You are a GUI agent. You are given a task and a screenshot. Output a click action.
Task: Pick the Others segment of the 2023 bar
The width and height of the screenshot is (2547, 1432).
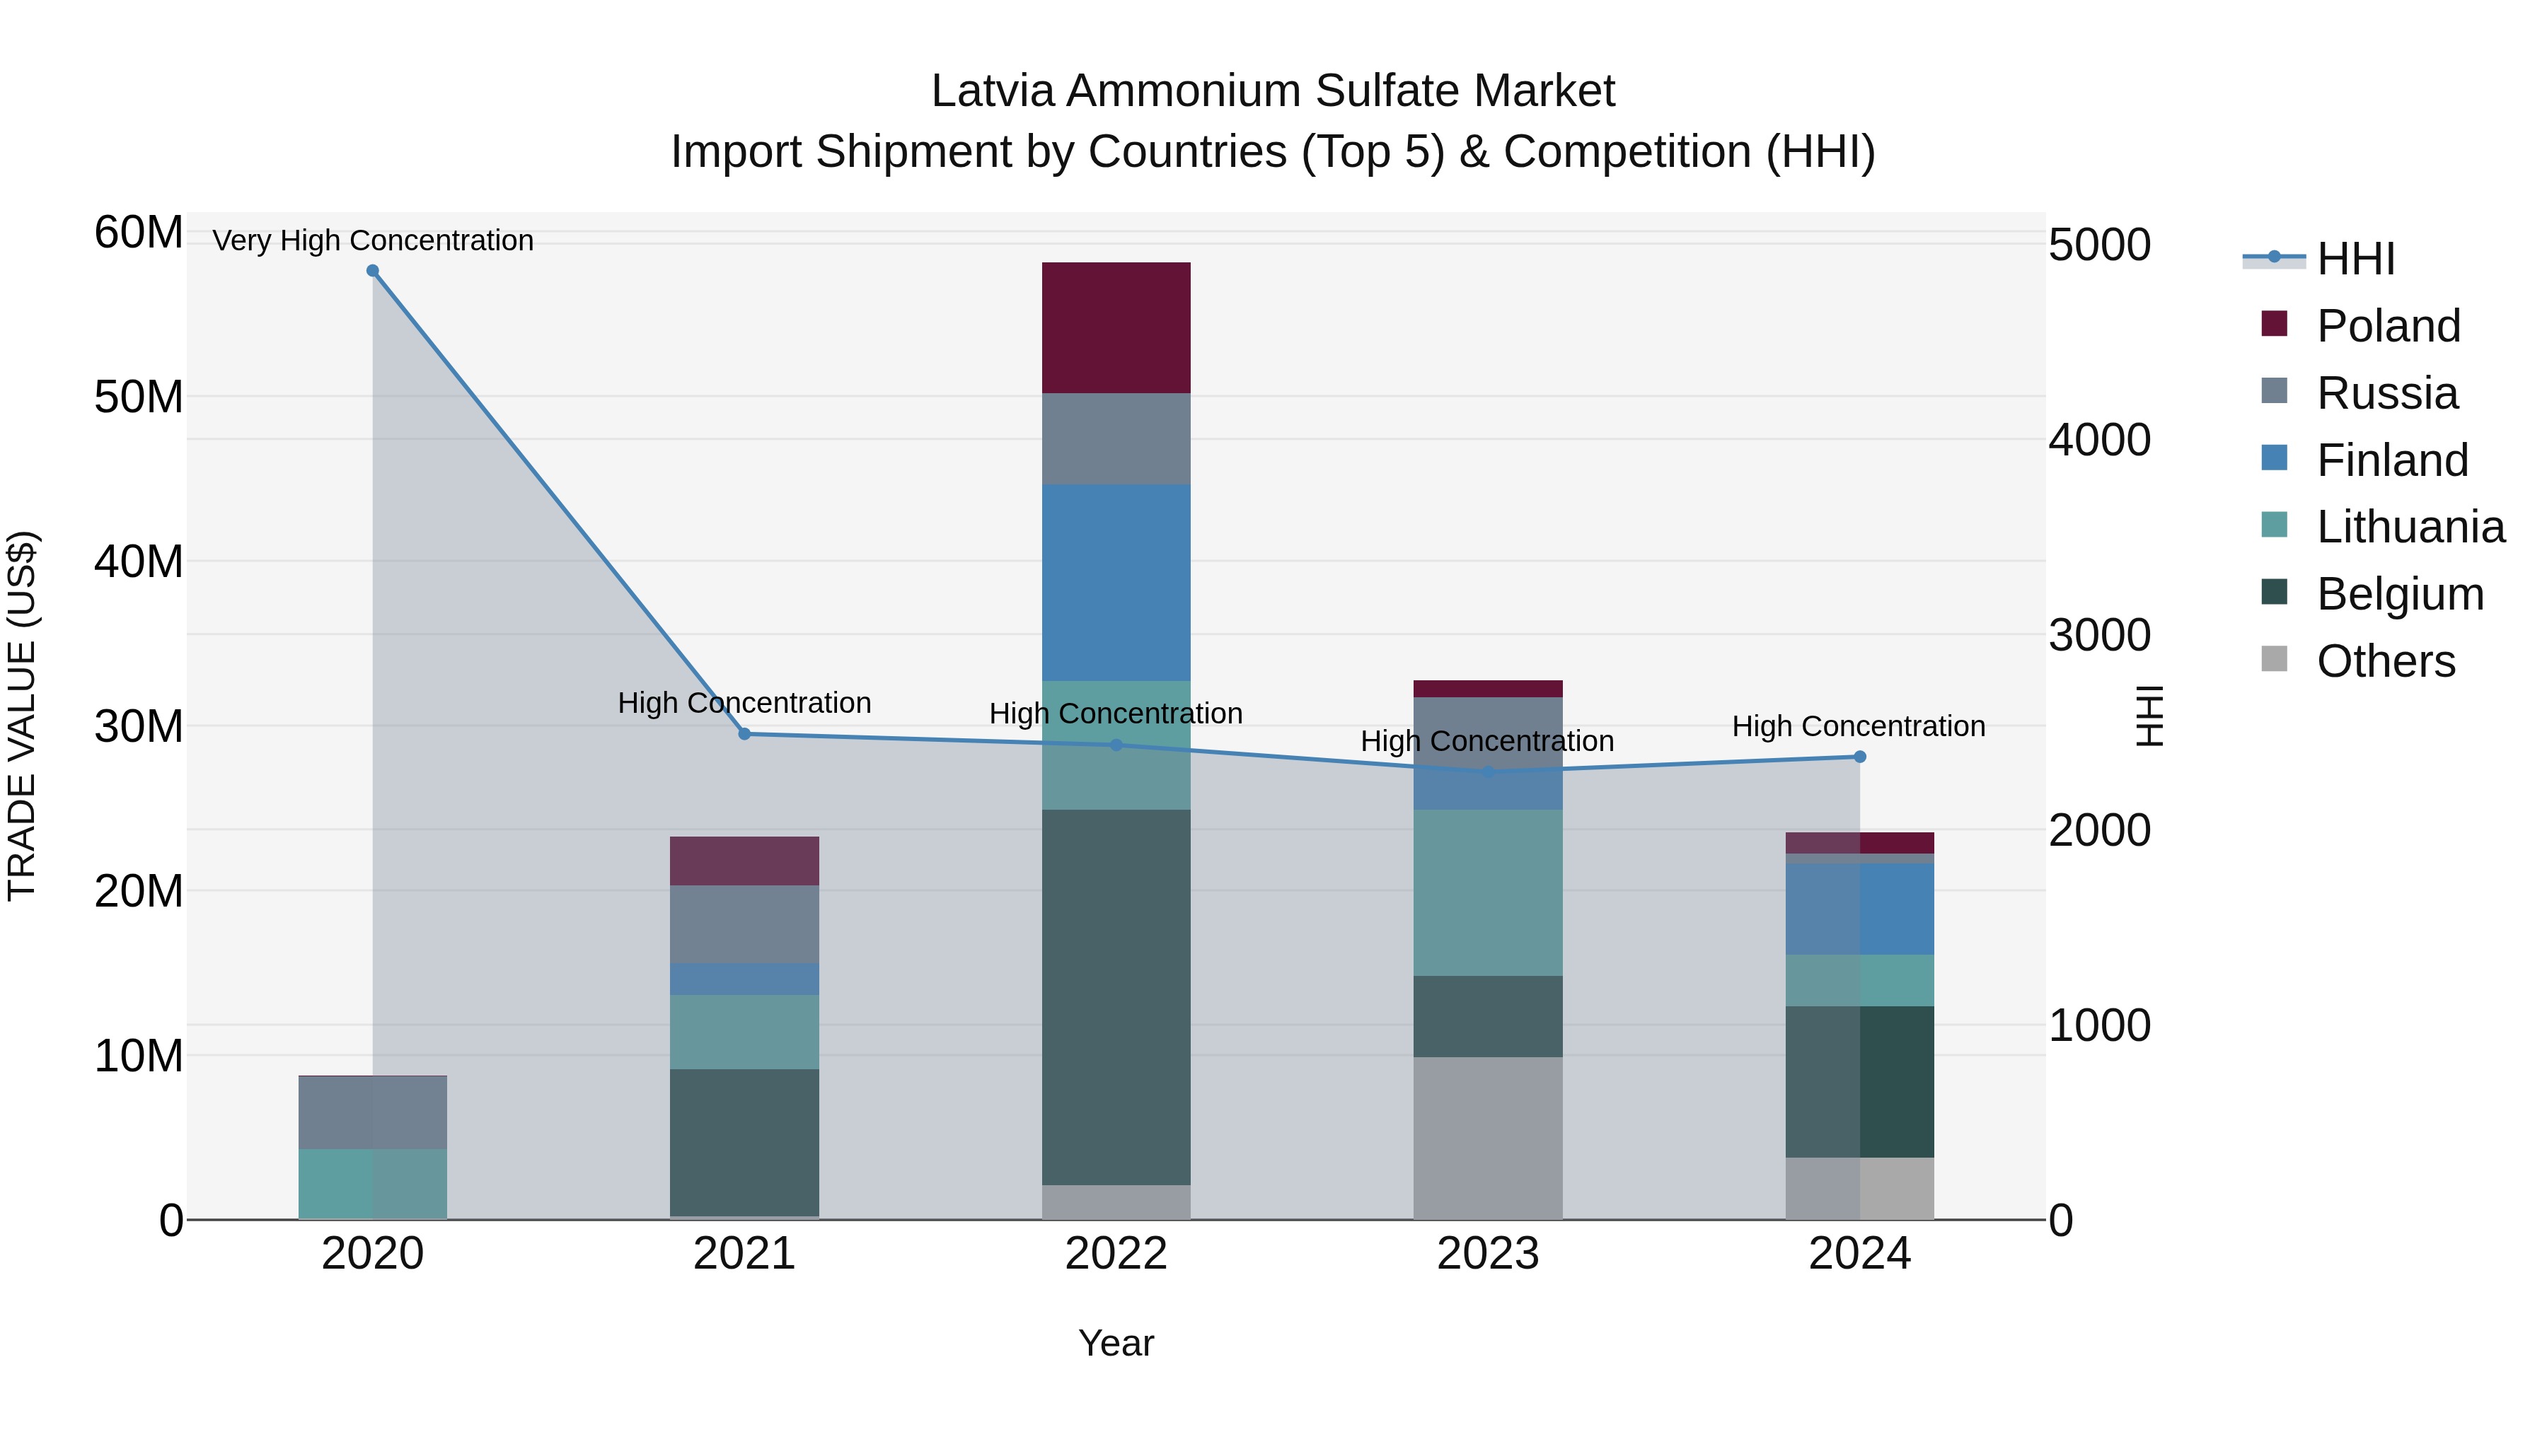click(1487, 1138)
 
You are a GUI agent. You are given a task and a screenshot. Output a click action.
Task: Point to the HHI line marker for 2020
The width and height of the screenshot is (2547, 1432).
click(373, 271)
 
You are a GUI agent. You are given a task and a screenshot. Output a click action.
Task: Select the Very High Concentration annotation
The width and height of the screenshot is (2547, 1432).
click(373, 240)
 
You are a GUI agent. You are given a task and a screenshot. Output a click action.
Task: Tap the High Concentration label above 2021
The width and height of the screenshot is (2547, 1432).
click(744, 703)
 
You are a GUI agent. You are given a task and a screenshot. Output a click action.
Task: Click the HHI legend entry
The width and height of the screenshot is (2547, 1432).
click(2355, 259)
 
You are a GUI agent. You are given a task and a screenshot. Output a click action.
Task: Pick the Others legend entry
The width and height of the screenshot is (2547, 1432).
click(2385, 661)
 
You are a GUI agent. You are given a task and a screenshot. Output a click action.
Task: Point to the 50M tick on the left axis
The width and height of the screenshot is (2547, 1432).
click(139, 397)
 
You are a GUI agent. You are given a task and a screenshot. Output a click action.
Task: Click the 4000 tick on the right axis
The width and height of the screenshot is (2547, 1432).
click(2098, 440)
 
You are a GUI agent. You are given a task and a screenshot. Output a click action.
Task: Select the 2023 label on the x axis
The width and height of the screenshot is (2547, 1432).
click(1487, 1254)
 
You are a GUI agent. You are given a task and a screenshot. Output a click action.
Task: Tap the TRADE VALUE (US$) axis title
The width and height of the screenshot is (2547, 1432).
click(22, 716)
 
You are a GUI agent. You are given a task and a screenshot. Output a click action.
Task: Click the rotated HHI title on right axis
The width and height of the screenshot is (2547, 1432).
click(2149, 716)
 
